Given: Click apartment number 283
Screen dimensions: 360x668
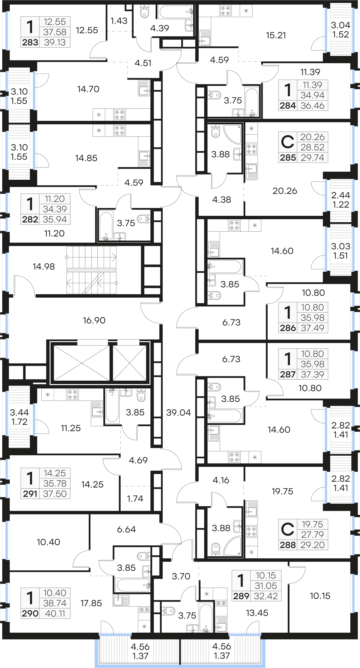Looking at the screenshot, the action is pyautogui.click(x=30, y=42).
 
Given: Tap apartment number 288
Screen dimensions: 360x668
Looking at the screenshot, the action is pyautogui.click(x=288, y=545).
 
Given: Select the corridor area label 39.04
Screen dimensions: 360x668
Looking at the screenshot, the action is pyautogui.click(x=179, y=412).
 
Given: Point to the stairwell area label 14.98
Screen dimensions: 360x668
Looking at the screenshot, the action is pyautogui.click(x=44, y=266).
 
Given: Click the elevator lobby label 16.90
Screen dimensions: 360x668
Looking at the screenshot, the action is pyautogui.click(x=94, y=320).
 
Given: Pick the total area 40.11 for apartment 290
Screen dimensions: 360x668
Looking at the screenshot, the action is pyautogui.click(x=55, y=613).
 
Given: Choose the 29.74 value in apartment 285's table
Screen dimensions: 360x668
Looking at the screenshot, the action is pyautogui.click(x=312, y=157).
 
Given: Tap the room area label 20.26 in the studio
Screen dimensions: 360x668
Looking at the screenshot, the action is pyautogui.click(x=285, y=191).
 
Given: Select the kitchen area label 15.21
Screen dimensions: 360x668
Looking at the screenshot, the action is pyautogui.click(x=276, y=35).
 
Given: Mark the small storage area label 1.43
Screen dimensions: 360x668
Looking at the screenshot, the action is pyautogui.click(x=119, y=21).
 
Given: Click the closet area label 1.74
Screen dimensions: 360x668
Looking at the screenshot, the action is pyautogui.click(x=135, y=498).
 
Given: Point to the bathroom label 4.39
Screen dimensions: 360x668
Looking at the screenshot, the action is pyautogui.click(x=159, y=28).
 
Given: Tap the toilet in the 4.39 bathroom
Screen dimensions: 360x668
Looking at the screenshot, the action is pyautogui.click(x=144, y=11).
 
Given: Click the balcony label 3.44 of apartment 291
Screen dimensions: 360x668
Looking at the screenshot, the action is pyautogui.click(x=19, y=412).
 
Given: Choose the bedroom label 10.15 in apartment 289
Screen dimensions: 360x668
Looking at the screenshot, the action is pyautogui.click(x=320, y=596).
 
